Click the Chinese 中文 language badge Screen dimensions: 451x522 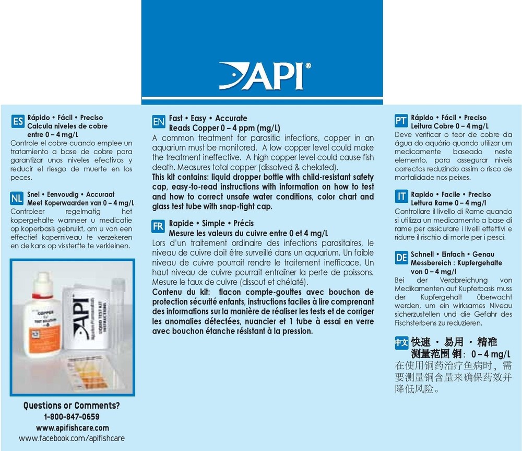coord(401,343)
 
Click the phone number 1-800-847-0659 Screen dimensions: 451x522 coord(72,417)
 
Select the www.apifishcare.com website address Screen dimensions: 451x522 coord(72,427)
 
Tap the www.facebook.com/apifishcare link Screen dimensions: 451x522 coord(72,438)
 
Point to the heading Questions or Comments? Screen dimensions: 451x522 coord(72,406)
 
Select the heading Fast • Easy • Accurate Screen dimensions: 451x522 coord(208,119)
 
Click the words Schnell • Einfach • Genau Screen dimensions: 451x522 coord(445,254)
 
